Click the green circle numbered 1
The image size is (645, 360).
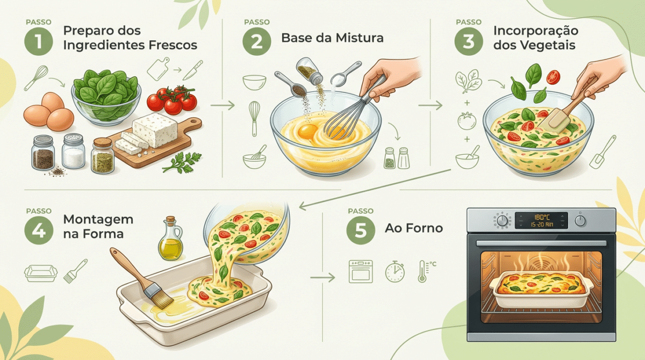coord(39,41)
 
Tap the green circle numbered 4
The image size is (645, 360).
coord(39,230)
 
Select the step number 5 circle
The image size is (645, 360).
coord(361,230)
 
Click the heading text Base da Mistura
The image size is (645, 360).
coord(332,38)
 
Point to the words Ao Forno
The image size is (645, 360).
coord(414,228)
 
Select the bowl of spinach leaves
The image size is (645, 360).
coord(106,97)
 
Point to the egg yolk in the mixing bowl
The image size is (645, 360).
coord(307,132)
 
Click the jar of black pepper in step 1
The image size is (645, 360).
coord(43,153)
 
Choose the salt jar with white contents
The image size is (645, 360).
coord(73,151)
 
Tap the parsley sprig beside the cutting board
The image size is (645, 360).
coord(183,163)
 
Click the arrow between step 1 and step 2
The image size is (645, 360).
coord(223,105)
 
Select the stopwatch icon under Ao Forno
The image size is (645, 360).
coord(395,271)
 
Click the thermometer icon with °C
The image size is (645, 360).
coord(426,271)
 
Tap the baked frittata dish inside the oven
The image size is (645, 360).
coord(541,290)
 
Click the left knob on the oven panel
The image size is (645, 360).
coord(502,221)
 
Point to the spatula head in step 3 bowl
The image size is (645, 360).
coord(554,120)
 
